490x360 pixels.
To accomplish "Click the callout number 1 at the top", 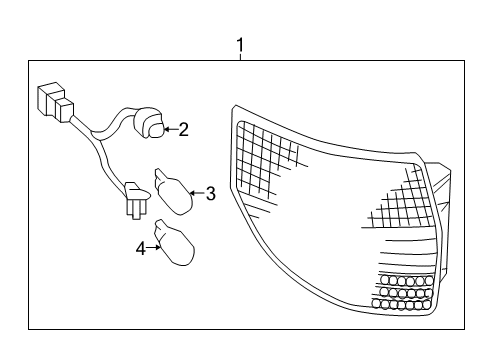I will point(240,45).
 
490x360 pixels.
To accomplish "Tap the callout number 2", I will point(183,128).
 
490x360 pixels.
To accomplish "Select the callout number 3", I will point(210,193).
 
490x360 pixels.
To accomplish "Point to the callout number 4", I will point(141,248).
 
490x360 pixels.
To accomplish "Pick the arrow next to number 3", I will point(195,193).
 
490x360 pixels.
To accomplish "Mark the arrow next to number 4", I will point(156,248).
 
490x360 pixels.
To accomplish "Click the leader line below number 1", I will point(240,58).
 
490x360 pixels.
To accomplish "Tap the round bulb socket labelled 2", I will point(151,124).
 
